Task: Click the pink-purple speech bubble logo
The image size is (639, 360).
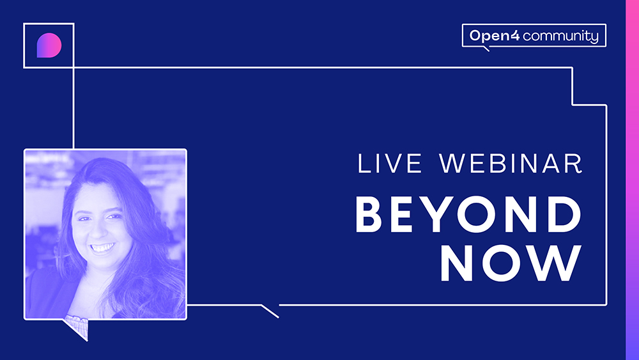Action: [x=49, y=45]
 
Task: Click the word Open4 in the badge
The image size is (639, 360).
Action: [x=495, y=36]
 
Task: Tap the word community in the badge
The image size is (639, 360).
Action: [x=561, y=36]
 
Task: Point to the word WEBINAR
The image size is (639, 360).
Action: [x=511, y=164]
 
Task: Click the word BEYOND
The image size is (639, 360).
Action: [x=468, y=214]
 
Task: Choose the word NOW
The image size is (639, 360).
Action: [x=511, y=263]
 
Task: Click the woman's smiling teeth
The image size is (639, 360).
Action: [x=102, y=247]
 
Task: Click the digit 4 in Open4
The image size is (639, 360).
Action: [x=514, y=35]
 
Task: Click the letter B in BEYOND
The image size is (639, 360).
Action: [x=369, y=214]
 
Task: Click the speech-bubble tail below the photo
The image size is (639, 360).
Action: [x=76, y=328]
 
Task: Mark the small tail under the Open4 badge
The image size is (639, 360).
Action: [x=486, y=49]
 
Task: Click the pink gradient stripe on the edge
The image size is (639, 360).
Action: [x=632, y=180]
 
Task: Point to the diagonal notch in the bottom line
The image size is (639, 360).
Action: [x=270, y=311]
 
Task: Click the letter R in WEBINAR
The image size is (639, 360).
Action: [x=574, y=164]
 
